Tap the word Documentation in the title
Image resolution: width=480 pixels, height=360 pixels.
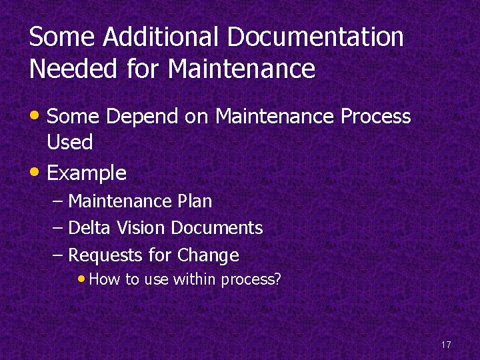(x=315, y=37)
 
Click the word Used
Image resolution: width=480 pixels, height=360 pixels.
(x=69, y=142)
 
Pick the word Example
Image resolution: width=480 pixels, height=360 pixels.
(x=87, y=173)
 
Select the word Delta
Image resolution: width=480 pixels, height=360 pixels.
(x=90, y=228)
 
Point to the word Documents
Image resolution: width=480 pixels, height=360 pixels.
(x=217, y=228)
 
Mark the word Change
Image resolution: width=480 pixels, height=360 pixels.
(x=208, y=255)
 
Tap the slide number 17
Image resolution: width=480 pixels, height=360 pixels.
(x=446, y=345)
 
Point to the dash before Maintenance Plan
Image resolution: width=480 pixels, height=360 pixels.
(x=58, y=201)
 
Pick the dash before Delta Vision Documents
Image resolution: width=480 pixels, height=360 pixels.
(x=58, y=228)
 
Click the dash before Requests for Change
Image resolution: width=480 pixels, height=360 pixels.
(x=58, y=255)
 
